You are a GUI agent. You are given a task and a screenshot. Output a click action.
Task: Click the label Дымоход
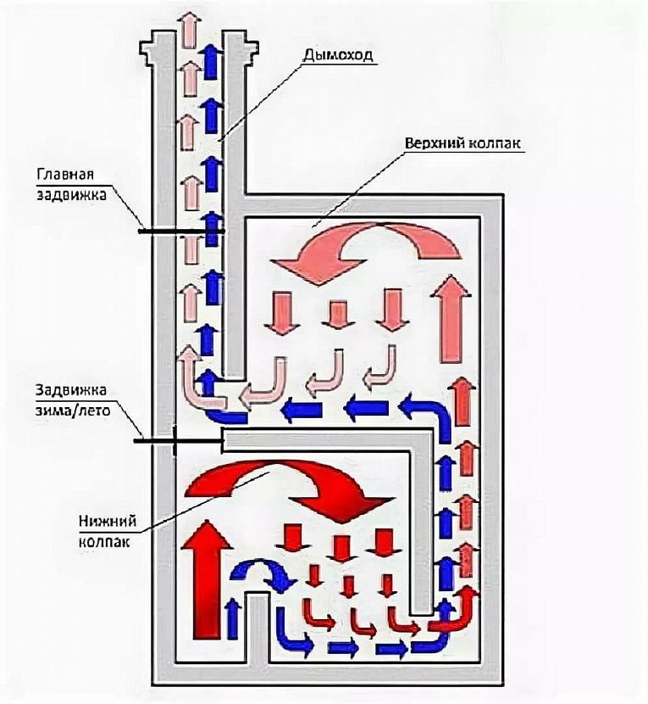(x=337, y=55)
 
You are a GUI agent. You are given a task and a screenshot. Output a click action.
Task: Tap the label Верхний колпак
(x=462, y=143)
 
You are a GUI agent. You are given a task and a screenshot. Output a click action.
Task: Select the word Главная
(x=65, y=174)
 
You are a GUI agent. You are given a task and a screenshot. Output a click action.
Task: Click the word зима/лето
(x=73, y=411)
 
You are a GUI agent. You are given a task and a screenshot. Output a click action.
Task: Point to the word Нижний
(x=108, y=522)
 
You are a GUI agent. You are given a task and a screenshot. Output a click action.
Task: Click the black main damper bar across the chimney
(x=181, y=232)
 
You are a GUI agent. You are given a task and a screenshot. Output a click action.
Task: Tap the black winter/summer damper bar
(x=179, y=441)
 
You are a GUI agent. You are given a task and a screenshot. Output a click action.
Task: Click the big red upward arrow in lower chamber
(x=207, y=579)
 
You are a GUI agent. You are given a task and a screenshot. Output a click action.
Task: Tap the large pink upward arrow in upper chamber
(x=451, y=319)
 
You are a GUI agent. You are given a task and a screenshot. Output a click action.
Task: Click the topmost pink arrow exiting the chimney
(x=189, y=29)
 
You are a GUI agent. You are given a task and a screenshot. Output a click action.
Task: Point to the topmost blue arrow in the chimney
(x=210, y=60)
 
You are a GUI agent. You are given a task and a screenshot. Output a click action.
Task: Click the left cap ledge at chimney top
(x=147, y=48)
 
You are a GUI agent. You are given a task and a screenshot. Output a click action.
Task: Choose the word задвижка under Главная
(x=72, y=195)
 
